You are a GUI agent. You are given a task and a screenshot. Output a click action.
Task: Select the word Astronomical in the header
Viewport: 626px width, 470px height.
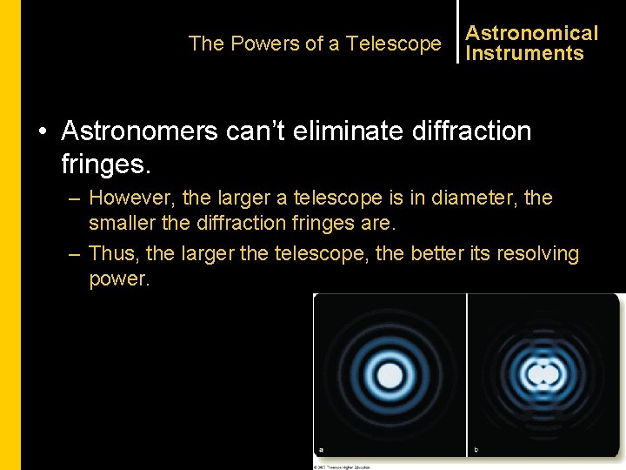pyautogui.click(x=531, y=33)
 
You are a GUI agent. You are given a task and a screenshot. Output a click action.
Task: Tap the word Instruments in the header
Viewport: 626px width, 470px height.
pyautogui.click(x=524, y=53)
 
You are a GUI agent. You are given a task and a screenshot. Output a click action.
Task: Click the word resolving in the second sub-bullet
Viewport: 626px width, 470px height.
pyautogui.click(x=537, y=253)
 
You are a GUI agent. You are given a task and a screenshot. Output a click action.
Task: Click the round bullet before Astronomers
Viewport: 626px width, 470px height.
pyautogui.click(x=43, y=132)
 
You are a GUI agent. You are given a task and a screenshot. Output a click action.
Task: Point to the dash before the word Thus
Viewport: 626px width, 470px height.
pyautogui.click(x=74, y=254)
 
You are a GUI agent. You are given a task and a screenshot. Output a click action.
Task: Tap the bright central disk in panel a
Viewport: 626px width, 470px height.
pyautogui.click(x=390, y=375)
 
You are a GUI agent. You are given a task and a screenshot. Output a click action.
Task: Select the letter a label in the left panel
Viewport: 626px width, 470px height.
pyautogui.click(x=321, y=450)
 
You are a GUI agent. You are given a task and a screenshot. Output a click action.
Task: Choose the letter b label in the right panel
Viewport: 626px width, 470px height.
pyautogui.click(x=476, y=450)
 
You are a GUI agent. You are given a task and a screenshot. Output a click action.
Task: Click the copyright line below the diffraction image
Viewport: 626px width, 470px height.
pyautogui.click(x=343, y=467)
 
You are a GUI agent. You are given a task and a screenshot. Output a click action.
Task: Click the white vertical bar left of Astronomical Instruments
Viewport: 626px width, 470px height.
pyautogui.click(x=457, y=32)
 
